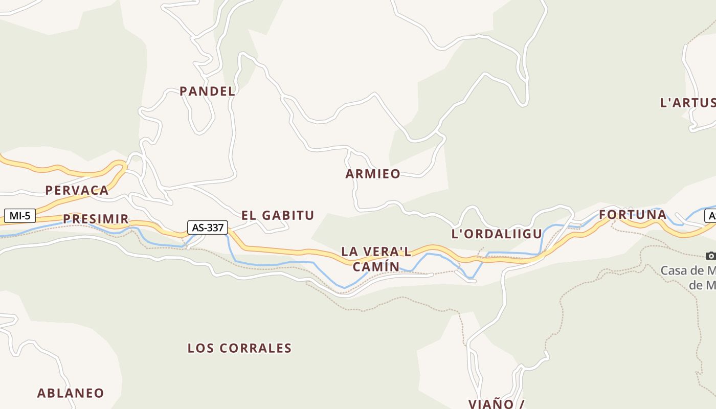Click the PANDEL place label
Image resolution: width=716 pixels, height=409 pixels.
[x=207, y=92]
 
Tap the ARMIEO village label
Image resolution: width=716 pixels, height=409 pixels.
[x=373, y=174]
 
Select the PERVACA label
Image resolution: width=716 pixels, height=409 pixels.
[x=77, y=191]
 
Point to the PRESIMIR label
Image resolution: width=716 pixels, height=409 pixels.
[x=96, y=219]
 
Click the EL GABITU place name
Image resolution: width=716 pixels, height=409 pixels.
[x=278, y=215]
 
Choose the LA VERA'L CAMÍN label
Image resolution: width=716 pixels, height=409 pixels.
[x=376, y=259]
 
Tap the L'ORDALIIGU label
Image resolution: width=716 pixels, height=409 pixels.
[x=497, y=234]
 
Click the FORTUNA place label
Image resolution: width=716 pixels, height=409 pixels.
[x=633, y=215]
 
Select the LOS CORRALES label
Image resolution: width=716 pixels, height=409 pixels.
[x=239, y=348]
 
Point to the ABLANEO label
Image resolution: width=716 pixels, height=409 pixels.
[x=71, y=393]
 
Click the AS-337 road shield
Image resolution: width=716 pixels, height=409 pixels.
[x=208, y=228]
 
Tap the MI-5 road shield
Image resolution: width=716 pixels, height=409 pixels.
[x=20, y=216]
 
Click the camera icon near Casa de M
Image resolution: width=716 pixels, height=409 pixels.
[x=710, y=256]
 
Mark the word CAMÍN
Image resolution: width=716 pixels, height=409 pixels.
[x=376, y=266]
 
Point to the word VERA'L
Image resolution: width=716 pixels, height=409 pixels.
[x=391, y=252]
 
